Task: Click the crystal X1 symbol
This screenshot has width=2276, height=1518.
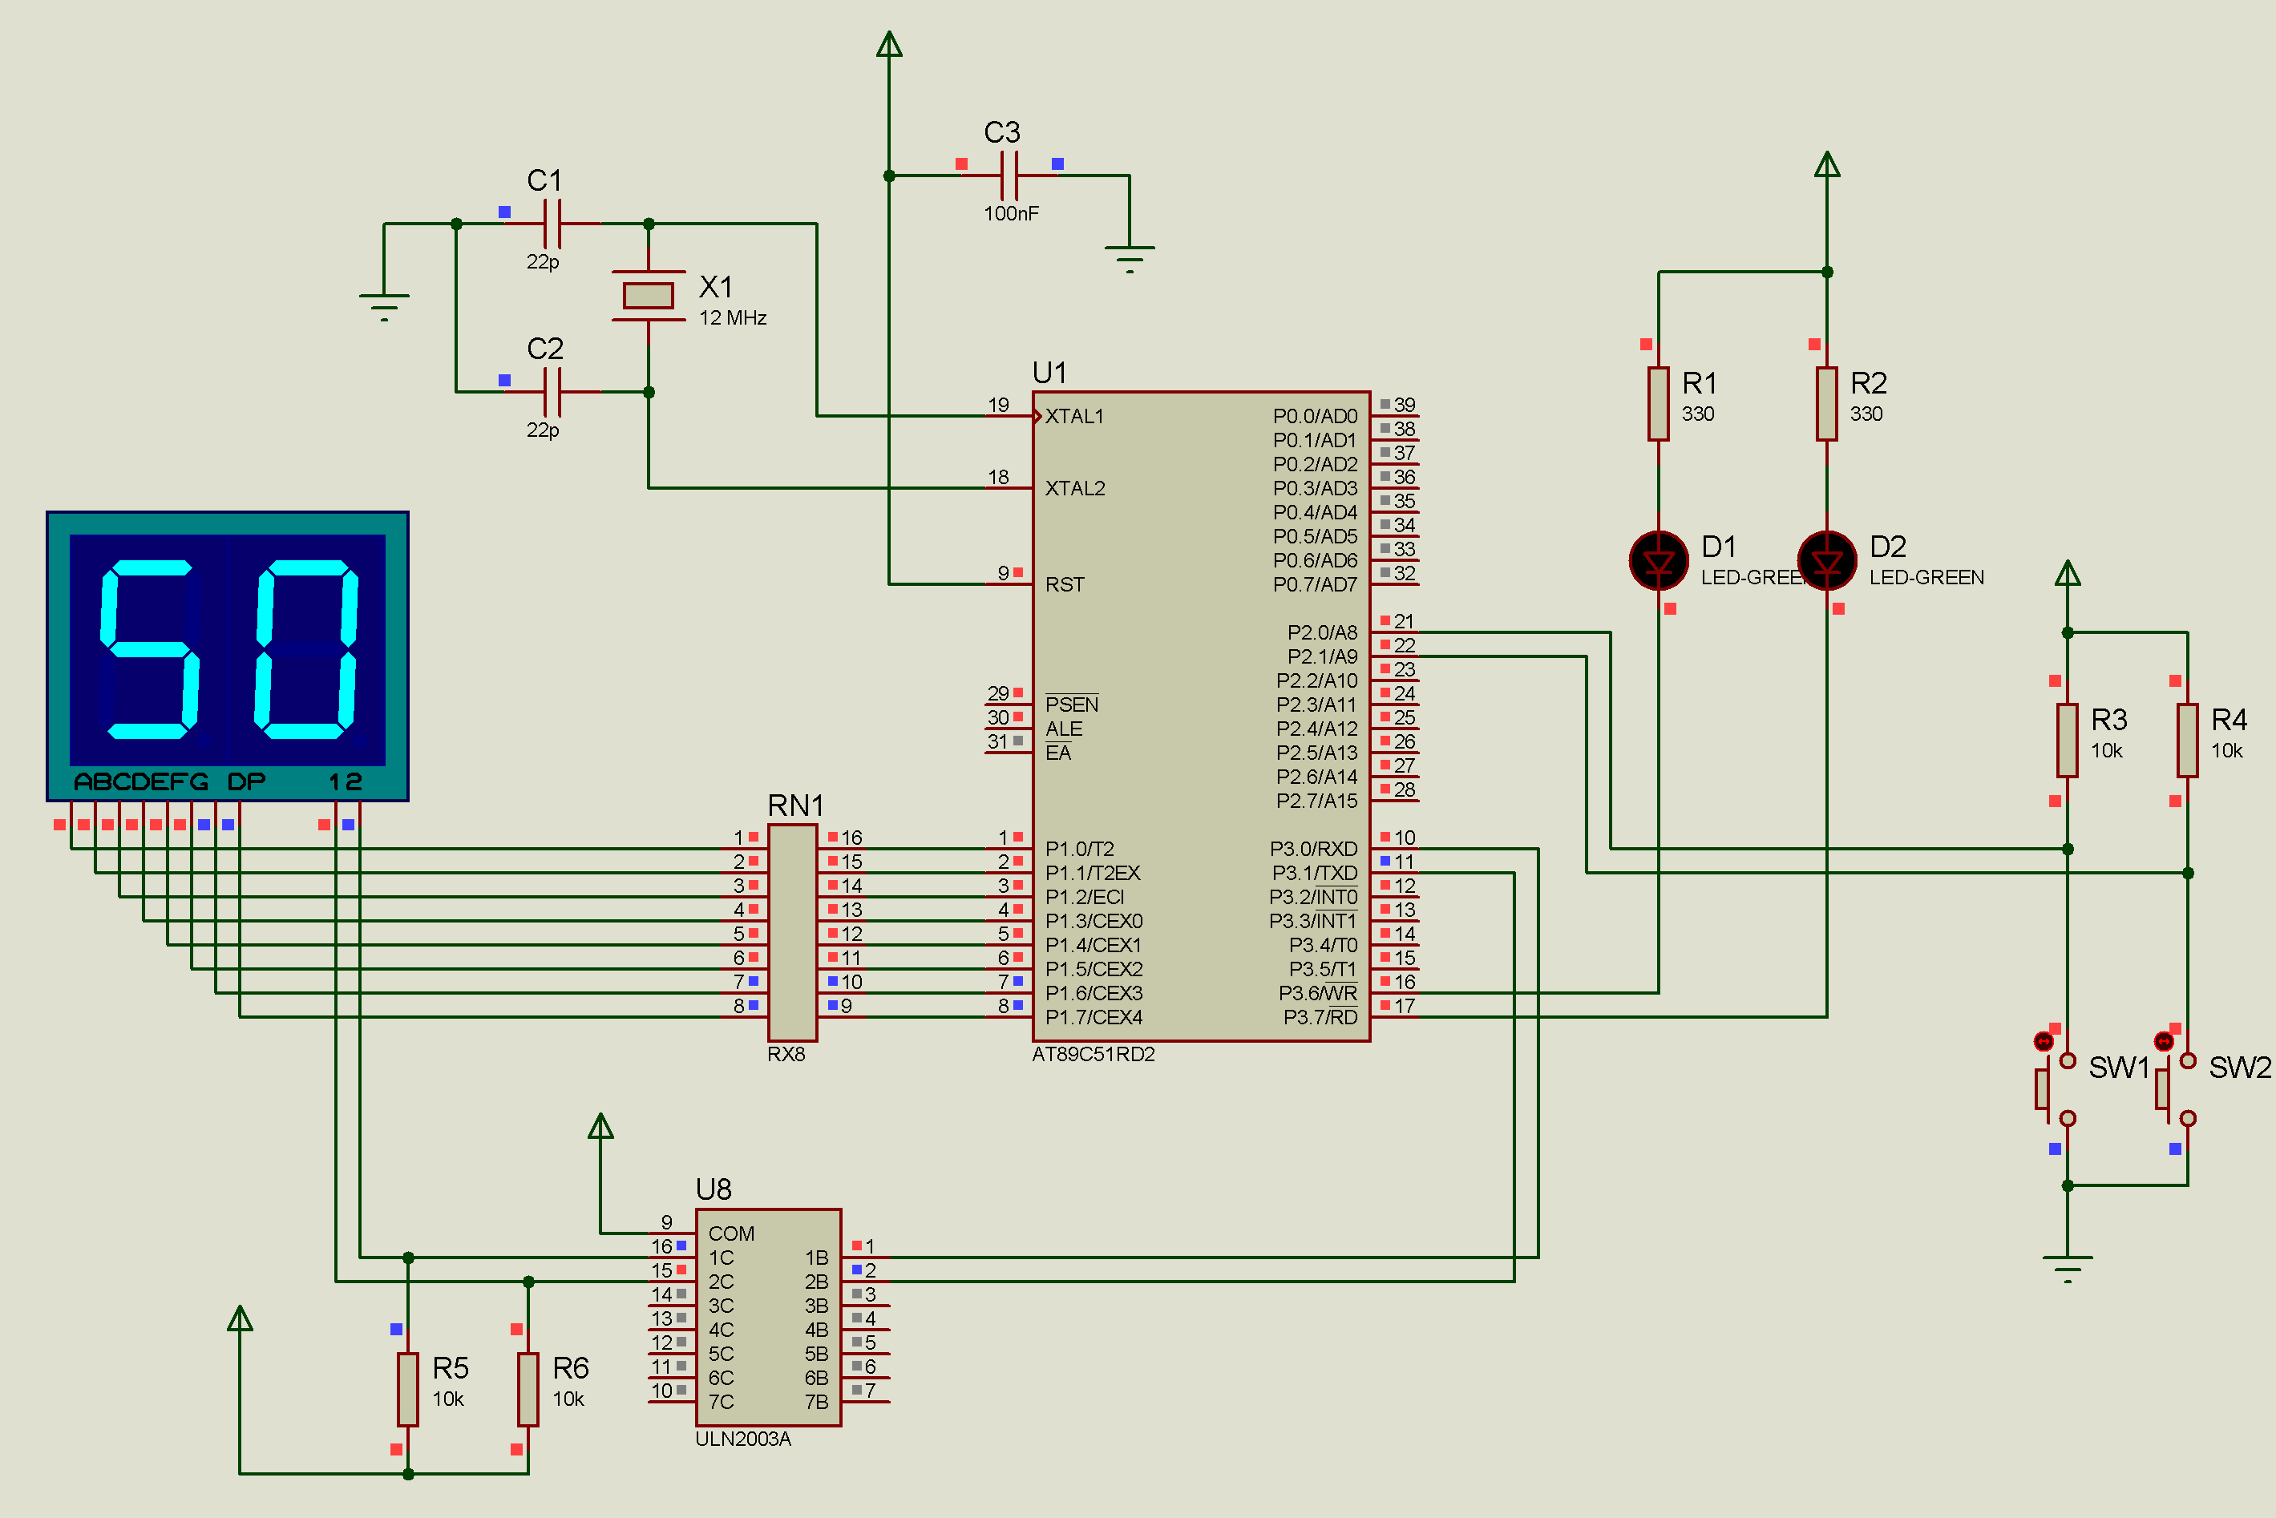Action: pyautogui.click(x=649, y=295)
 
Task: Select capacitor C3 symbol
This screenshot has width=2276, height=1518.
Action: pyautogui.click(x=1009, y=176)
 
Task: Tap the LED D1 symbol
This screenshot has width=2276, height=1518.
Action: pyautogui.click(x=1659, y=560)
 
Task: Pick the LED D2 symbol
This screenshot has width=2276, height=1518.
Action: pyautogui.click(x=1827, y=560)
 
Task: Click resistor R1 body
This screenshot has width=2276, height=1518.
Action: pyautogui.click(x=1659, y=404)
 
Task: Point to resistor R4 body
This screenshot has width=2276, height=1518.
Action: pyautogui.click(x=2187, y=741)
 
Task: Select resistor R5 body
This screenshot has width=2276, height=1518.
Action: pyautogui.click(x=407, y=1389)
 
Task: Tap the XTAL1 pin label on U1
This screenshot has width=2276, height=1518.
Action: pyautogui.click(x=1074, y=416)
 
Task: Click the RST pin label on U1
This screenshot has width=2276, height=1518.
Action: pyautogui.click(x=1065, y=585)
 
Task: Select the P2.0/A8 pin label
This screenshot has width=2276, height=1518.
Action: pyautogui.click(x=1323, y=633)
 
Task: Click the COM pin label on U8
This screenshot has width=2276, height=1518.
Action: pyautogui.click(x=731, y=1234)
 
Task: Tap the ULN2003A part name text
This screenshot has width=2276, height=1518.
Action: pyautogui.click(x=742, y=1439)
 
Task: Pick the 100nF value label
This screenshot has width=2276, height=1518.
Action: pyautogui.click(x=1012, y=214)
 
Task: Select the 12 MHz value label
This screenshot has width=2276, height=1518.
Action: pyautogui.click(x=733, y=318)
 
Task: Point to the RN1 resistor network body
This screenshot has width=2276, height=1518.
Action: pyautogui.click(x=792, y=933)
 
